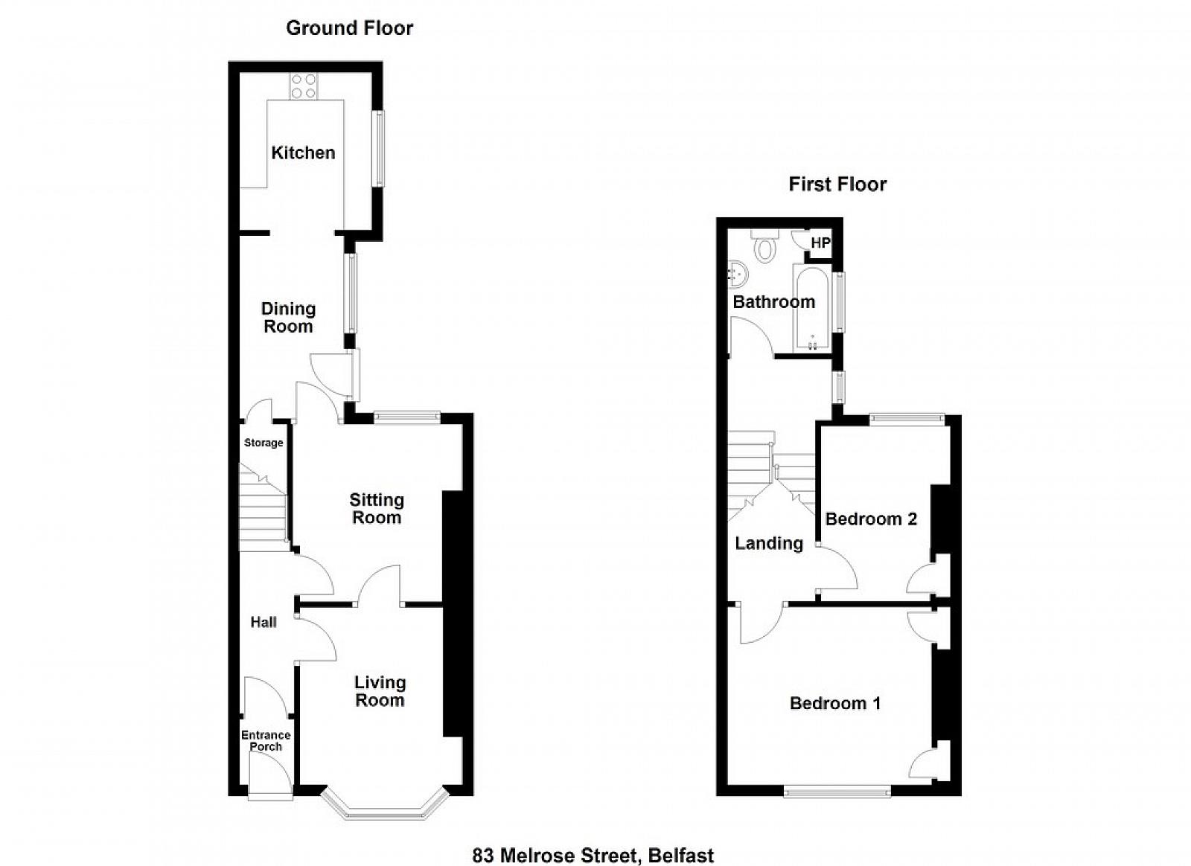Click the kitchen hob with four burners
[x=304, y=86]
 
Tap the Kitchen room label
[x=303, y=153]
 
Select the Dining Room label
[x=288, y=317]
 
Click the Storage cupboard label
[x=264, y=443]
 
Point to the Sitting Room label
[x=377, y=508]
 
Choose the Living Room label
[x=380, y=691]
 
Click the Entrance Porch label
[x=266, y=740]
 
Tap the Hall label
[x=264, y=622]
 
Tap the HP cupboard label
[x=820, y=243]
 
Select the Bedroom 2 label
[x=871, y=519]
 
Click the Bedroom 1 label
[x=835, y=703]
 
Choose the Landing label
[x=769, y=543]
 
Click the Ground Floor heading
[x=349, y=28]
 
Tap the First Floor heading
[x=837, y=185]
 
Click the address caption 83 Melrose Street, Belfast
[x=593, y=841]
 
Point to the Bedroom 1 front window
[x=837, y=792]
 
